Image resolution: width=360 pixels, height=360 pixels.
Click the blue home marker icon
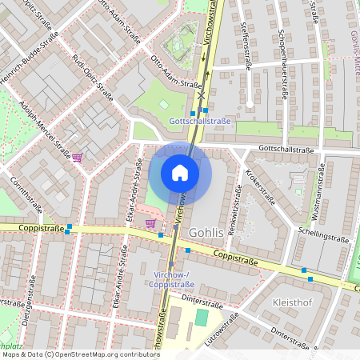coord(180,173)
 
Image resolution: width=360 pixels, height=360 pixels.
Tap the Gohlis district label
coord(209,232)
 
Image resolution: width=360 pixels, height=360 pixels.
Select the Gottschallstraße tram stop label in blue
coord(200,122)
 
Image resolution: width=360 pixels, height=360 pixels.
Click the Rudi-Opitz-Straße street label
coord(93,76)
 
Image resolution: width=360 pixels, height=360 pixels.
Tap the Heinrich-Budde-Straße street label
coord(28,54)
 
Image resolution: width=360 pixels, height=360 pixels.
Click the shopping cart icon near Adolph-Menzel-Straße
coord(78,158)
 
